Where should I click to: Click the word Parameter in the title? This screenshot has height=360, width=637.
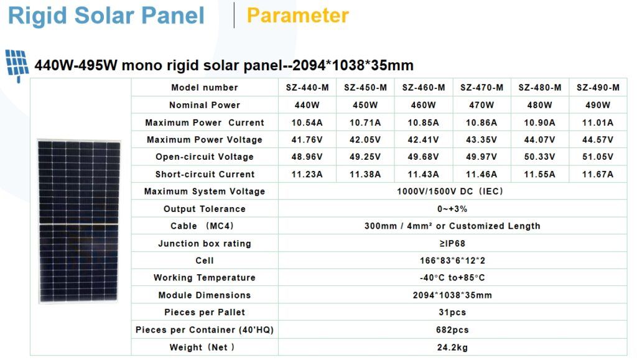[298, 16]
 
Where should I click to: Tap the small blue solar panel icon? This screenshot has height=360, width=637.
[17, 65]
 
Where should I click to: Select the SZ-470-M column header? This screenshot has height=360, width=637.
[481, 88]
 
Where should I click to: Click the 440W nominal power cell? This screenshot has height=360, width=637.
[307, 105]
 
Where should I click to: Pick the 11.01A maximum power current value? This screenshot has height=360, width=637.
[598, 122]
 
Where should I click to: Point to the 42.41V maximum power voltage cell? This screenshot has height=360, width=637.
[423, 140]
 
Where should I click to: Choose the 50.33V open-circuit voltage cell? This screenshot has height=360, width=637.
[539, 157]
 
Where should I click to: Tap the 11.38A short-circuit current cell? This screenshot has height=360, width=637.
[365, 174]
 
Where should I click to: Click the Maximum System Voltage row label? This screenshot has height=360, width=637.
[204, 191]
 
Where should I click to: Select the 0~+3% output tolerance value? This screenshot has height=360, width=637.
[452, 209]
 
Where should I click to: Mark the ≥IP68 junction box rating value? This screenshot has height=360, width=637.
[452, 244]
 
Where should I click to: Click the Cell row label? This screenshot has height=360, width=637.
[204, 261]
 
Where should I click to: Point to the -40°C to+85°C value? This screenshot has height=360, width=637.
[452, 277]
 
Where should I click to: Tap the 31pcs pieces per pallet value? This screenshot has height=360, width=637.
[452, 312]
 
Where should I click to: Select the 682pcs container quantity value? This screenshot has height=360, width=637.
[452, 330]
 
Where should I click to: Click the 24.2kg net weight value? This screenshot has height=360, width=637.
[452, 348]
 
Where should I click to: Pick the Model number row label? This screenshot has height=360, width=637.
[204, 88]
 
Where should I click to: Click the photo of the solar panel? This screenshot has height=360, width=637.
[79, 221]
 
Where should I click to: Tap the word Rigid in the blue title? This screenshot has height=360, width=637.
[37, 16]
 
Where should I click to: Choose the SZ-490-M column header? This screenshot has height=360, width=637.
[598, 88]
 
